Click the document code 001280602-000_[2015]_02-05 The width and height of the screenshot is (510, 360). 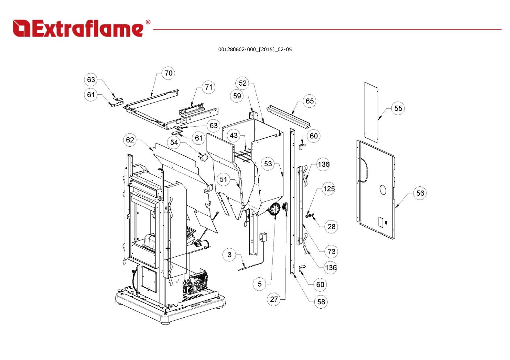[255, 50]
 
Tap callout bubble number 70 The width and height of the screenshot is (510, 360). [169, 73]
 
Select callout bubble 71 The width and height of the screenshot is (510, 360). [208, 87]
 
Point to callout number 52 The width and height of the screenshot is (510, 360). [242, 83]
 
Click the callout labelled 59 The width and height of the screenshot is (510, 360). [237, 96]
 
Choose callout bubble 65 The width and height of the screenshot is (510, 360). [310, 101]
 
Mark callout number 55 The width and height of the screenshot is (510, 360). [398, 108]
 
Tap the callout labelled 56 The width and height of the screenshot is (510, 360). [420, 193]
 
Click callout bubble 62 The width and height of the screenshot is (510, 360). [130, 140]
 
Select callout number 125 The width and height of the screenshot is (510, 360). [329, 189]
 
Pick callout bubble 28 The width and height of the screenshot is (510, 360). [331, 227]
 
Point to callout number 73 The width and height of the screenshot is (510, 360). [331, 252]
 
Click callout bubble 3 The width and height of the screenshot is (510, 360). [229, 254]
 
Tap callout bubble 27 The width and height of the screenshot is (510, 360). [274, 299]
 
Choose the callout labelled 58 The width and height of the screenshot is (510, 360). [321, 301]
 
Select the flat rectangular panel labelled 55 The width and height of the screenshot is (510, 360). [371, 112]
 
